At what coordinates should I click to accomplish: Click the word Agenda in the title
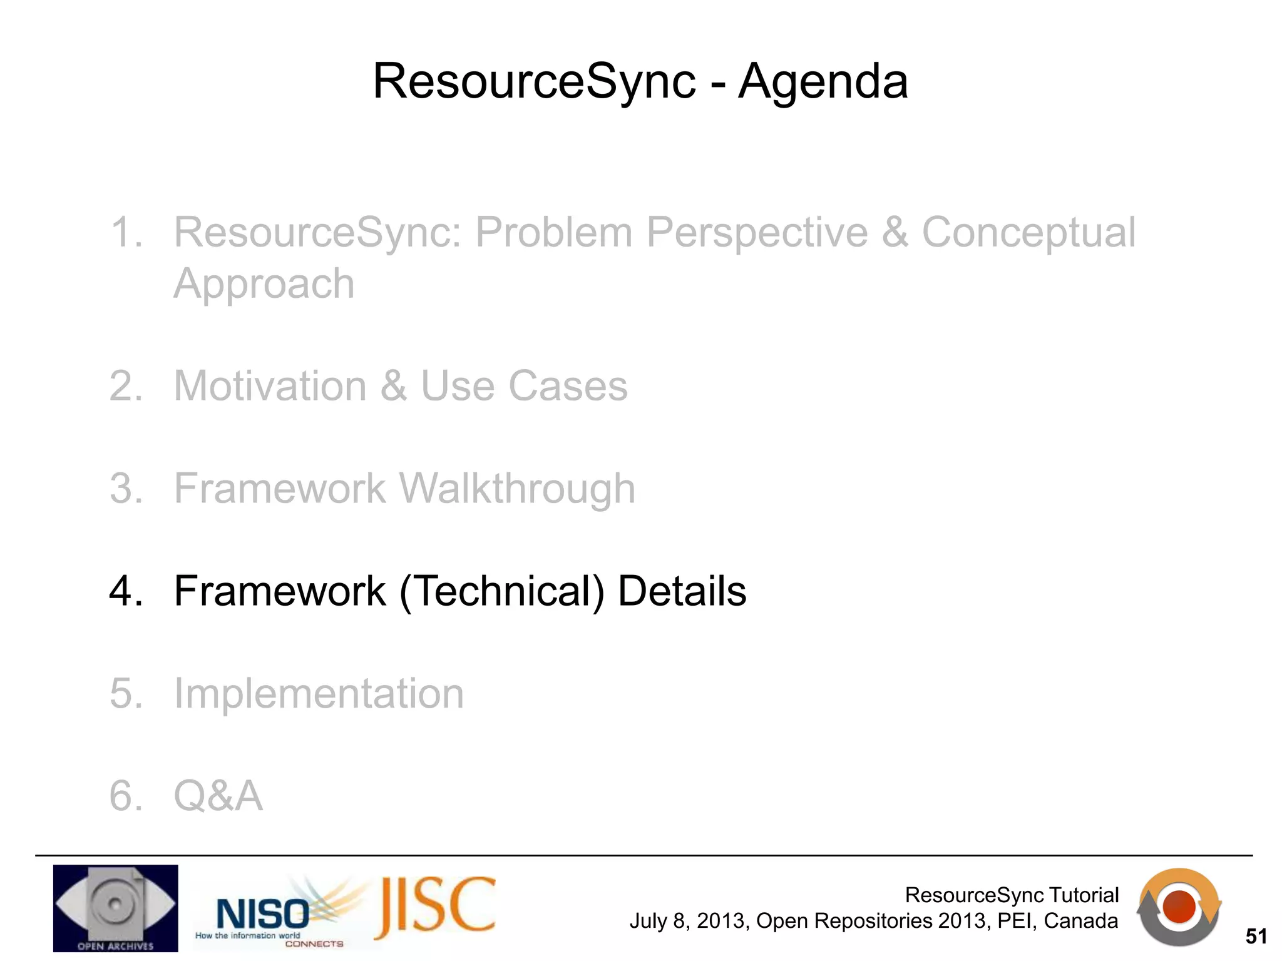pyautogui.click(x=823, y=82)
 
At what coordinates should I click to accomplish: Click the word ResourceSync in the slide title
pyautogui.click(x=534, y=82)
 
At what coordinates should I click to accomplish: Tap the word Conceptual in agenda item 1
pyautogui.click(x=1028, y=233)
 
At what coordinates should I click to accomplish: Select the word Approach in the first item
pyautogui.click(x=264, y=284)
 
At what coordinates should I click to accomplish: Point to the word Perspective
pyautogui.click(x=757, y=233)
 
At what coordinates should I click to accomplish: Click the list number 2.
pyautogui.click(x=125, y=386)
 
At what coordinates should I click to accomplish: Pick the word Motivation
pyautogui.click(x=270, y=386)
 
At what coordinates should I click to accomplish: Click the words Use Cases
pyautogui.click(x=523, y=386)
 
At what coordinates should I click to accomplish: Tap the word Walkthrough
pyautogui.click(x=516, y=489)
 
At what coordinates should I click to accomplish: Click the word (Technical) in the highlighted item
pyautogui.click(x=501, y=591)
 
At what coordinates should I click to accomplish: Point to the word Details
pyautogui.click(x=682, y=591)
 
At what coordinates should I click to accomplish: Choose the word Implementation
pyautogui.click(x=319, y=694)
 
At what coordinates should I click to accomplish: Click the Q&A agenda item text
pyautogui.click(x=218, y=796)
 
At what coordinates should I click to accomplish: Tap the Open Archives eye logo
pyautogui.click(x=115, y=908)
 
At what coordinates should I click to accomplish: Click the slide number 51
pyautogui.click(x=1256, y=937)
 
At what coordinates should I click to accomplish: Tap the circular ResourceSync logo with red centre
pyautogui.click(x=1179, y=907)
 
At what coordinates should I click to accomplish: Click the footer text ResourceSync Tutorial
pyautogui.click(x=1011, y=895)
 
